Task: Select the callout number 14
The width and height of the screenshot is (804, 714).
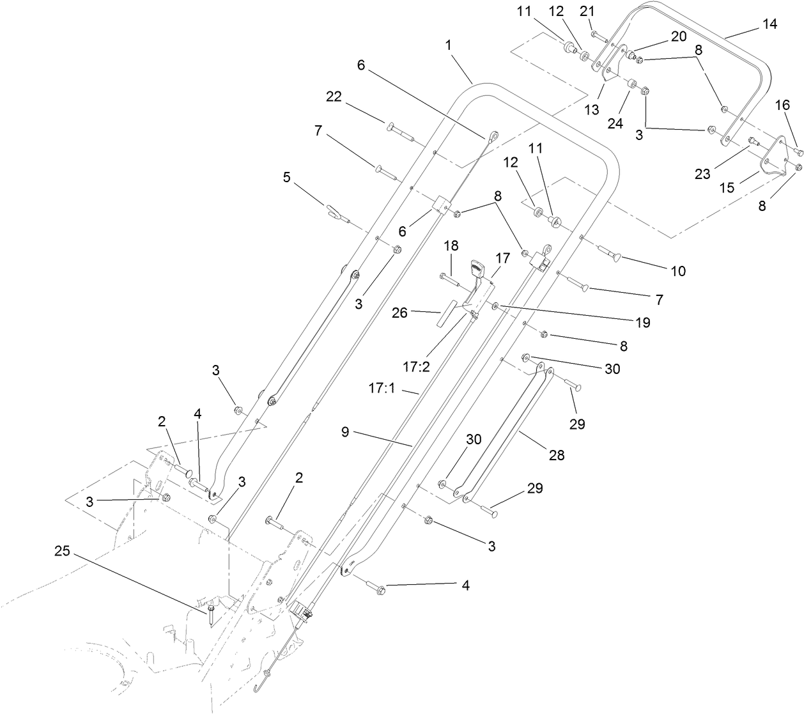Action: point(770,24)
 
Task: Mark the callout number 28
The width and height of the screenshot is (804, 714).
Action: point(556,456)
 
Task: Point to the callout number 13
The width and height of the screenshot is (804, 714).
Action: point(592,109)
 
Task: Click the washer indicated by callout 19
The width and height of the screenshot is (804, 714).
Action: point(496,308)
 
